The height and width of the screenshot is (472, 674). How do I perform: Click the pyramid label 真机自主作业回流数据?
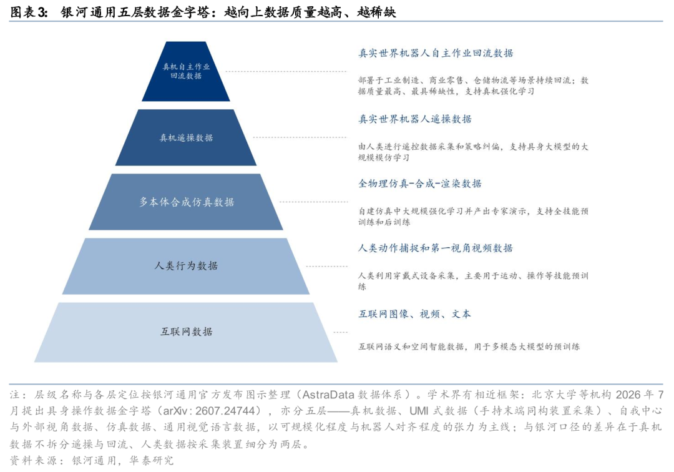(x=186, y=71)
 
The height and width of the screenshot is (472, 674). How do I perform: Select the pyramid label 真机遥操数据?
(x=186, y=137)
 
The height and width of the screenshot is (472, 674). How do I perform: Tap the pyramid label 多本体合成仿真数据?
(x=186, y=202)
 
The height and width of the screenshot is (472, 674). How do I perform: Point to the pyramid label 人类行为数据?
(x=186, y=266)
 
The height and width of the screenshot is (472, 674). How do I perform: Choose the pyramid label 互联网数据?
(x=186, y=332)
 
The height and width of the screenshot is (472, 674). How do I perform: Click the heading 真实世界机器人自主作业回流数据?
(x=436, y=53)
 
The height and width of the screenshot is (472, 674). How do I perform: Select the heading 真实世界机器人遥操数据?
(x=415, y=119)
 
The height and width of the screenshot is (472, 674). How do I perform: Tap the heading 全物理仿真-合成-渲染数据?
(x=420, y=184)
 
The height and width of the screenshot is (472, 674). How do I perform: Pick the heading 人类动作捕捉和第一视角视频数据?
(x=436, y=248)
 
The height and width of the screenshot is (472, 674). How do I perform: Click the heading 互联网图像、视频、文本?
(x=415, y=314)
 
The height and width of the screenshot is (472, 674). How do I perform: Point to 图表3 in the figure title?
(x=28, y=12)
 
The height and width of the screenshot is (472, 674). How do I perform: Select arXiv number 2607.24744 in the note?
(x=225, y=411)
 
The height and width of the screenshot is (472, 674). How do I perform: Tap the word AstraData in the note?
(x=328, y=395)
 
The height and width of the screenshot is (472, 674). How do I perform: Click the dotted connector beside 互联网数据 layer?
(x=341, y=332)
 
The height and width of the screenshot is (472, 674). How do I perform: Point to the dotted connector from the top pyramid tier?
(x=286, y=71)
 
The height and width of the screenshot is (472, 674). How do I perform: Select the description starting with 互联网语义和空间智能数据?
(x=469, y=347)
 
